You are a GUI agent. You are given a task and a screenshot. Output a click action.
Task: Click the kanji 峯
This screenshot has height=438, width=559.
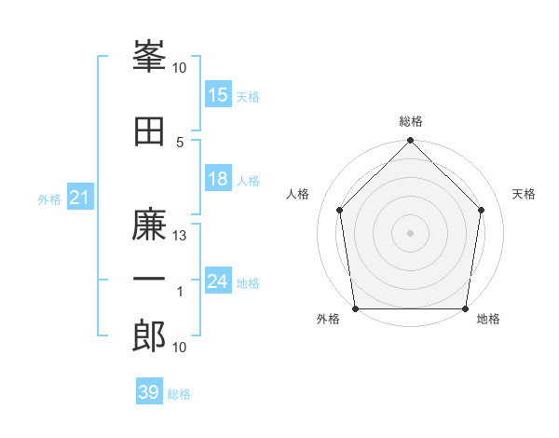[x=149, y=56]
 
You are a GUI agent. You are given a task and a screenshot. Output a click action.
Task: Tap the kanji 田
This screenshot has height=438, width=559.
[x=149, y=131]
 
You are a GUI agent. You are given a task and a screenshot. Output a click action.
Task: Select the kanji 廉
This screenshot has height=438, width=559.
[x=149, y=224]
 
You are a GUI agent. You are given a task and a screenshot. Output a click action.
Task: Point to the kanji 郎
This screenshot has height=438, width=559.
[x=149, y=335]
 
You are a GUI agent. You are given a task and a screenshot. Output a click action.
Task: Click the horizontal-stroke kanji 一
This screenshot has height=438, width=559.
[x=149, y=279]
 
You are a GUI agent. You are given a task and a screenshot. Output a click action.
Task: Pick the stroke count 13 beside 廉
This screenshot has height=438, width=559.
[x=179, y=236]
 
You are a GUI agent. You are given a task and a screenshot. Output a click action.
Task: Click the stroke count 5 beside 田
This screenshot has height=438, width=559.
[x=180, y=143]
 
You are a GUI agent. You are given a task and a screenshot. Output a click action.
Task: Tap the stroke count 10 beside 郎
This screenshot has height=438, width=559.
[x=179, y=348]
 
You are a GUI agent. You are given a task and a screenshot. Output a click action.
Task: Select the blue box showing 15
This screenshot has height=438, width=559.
[x=218, y=94]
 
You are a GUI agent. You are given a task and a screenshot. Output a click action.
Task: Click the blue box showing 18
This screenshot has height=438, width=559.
[x=218, y=178]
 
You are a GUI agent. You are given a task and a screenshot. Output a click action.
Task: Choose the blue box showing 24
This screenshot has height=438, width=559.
[x=218, y=280]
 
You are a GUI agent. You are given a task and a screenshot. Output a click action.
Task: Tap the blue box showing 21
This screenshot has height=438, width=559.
[x=80, y=197]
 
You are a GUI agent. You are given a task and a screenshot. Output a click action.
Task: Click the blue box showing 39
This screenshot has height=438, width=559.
[x=149, y=390]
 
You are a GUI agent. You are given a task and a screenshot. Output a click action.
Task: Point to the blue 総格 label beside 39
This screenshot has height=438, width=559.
[x=179, y=394]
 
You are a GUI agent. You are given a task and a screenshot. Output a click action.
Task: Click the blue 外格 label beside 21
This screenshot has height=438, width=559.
[x=49, y=199]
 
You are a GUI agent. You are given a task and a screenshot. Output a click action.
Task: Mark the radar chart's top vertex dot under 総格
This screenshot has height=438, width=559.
[x=410, y=140]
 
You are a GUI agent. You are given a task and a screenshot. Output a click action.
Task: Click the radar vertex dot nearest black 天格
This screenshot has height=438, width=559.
[x=481, y=210]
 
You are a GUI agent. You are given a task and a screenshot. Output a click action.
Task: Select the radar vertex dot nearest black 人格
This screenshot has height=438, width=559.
[x=340, y=210]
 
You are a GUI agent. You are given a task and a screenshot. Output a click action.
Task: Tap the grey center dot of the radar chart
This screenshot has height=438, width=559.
[x=410, y=233]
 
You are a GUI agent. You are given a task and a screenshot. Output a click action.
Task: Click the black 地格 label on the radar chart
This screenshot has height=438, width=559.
[x=488, y=319]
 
